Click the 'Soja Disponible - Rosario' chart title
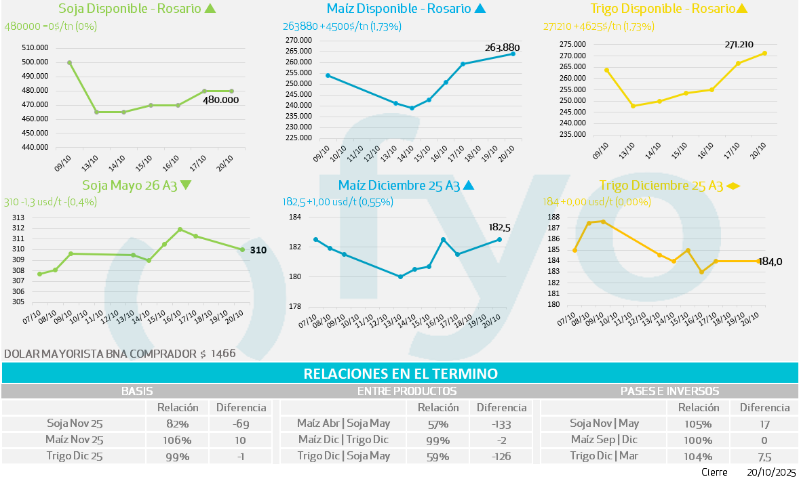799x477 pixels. coord(130,9)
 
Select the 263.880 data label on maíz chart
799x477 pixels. coord(507,47)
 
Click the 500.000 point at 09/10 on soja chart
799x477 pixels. coord(70,62)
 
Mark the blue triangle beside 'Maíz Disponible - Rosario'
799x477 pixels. coord(480,9)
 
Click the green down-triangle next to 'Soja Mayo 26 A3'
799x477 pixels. coord(187,185)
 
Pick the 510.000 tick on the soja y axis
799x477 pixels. coord(35,48)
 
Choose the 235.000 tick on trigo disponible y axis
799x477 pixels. coord(572,134)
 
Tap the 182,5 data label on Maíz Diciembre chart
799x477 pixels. coord(499,228)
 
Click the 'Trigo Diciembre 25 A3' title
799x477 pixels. coord(661,185)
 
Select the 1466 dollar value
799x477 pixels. coord(223,354)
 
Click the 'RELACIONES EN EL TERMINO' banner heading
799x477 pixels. coord(400,373)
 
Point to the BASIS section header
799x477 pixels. coord(137,391)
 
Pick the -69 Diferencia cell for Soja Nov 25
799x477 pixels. coord(241,424)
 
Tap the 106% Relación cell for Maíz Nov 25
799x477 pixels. coord(178,440)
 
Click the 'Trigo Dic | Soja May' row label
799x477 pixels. coord(343,456)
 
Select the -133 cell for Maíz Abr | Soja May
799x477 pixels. coord(502,424)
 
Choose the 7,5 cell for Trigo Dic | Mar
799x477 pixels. coord(764,456)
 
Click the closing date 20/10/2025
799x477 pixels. coord(771,472)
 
